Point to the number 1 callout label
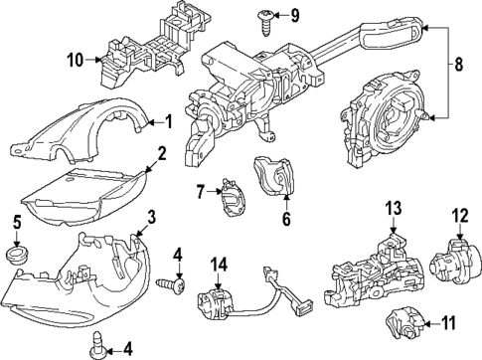(169, 122)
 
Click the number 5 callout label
(16, 221)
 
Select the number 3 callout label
(152, 218)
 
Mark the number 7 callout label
(199, 190)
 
